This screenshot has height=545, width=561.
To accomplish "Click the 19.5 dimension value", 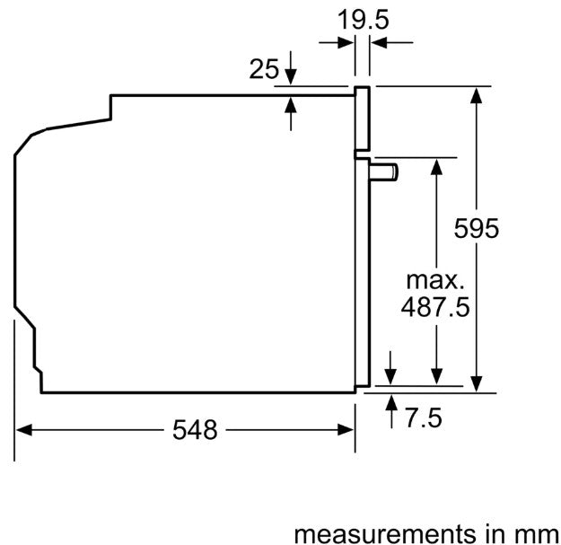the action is point(363,20).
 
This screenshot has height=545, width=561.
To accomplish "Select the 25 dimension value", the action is point(264,69).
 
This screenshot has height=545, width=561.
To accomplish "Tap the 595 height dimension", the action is point(477,228).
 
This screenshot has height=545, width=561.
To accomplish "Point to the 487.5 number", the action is point(435,307).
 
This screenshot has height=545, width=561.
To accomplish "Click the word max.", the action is point(435,281).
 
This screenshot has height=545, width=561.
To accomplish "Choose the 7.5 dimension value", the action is point(424,418).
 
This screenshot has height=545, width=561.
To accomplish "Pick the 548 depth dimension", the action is point(195,430).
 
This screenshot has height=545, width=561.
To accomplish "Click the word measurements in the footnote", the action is point(386,534).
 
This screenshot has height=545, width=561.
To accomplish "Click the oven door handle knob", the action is point(384,172).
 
